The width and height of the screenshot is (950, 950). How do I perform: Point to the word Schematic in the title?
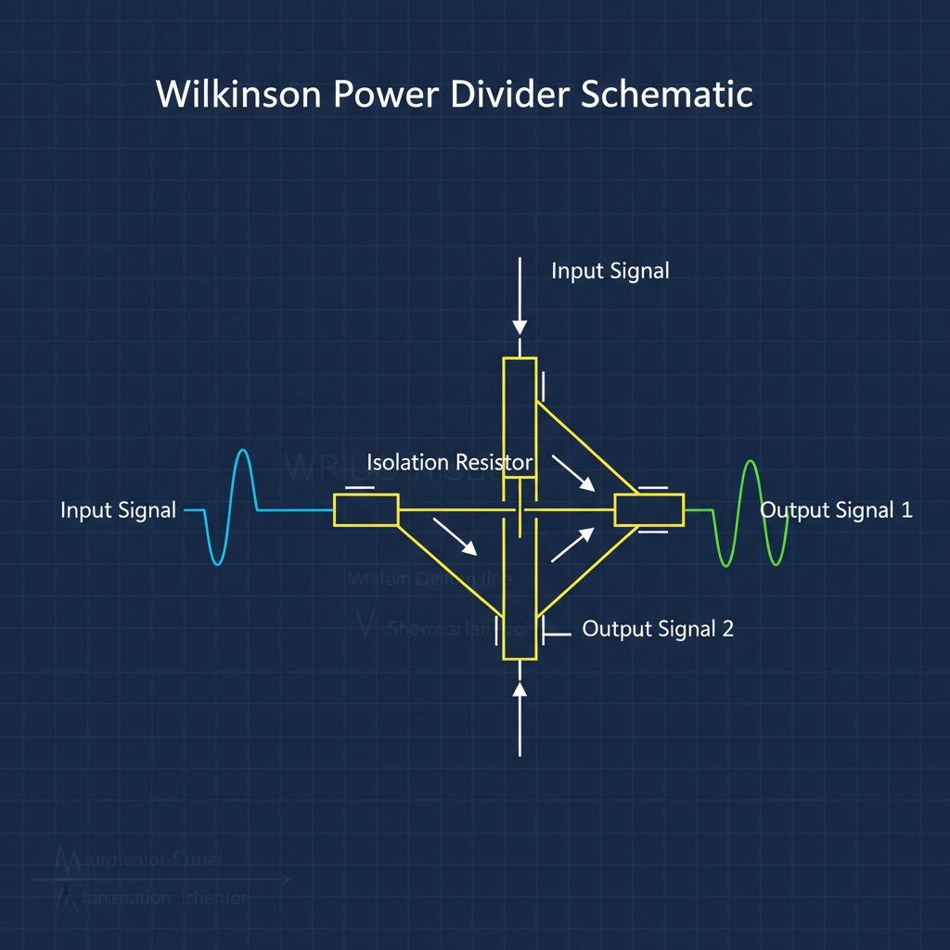point(666,94)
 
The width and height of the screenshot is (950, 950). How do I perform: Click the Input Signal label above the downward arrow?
point(610,271)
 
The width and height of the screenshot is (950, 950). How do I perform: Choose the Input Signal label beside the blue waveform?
point(118,510)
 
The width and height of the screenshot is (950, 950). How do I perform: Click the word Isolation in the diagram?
point(407,462)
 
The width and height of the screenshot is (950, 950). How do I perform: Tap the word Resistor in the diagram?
point(492,462)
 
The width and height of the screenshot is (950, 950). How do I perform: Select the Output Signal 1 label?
point(836,509)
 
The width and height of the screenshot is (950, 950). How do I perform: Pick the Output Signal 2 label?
point(658,628)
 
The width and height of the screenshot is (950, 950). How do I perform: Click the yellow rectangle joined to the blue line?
point(366,510)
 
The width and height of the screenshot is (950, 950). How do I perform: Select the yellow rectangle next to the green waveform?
point(649,510)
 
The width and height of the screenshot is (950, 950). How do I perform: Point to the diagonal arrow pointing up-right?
point(572,545)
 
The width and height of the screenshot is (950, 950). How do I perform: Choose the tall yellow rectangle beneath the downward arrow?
point(520,417)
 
